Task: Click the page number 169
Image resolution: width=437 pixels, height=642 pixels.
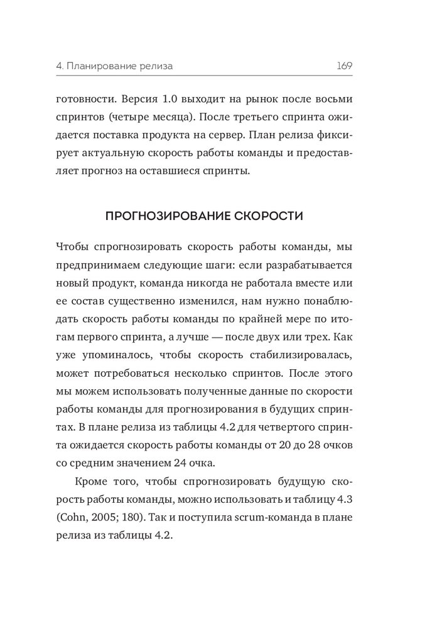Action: (x=343, y=65)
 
